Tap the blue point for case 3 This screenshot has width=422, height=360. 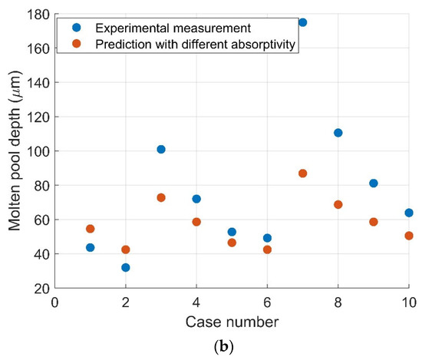click(161, 149)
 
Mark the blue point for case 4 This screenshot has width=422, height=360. click(196, 199)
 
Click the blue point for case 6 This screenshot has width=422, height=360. click(267, 238)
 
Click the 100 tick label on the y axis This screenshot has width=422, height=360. click(40, 151)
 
